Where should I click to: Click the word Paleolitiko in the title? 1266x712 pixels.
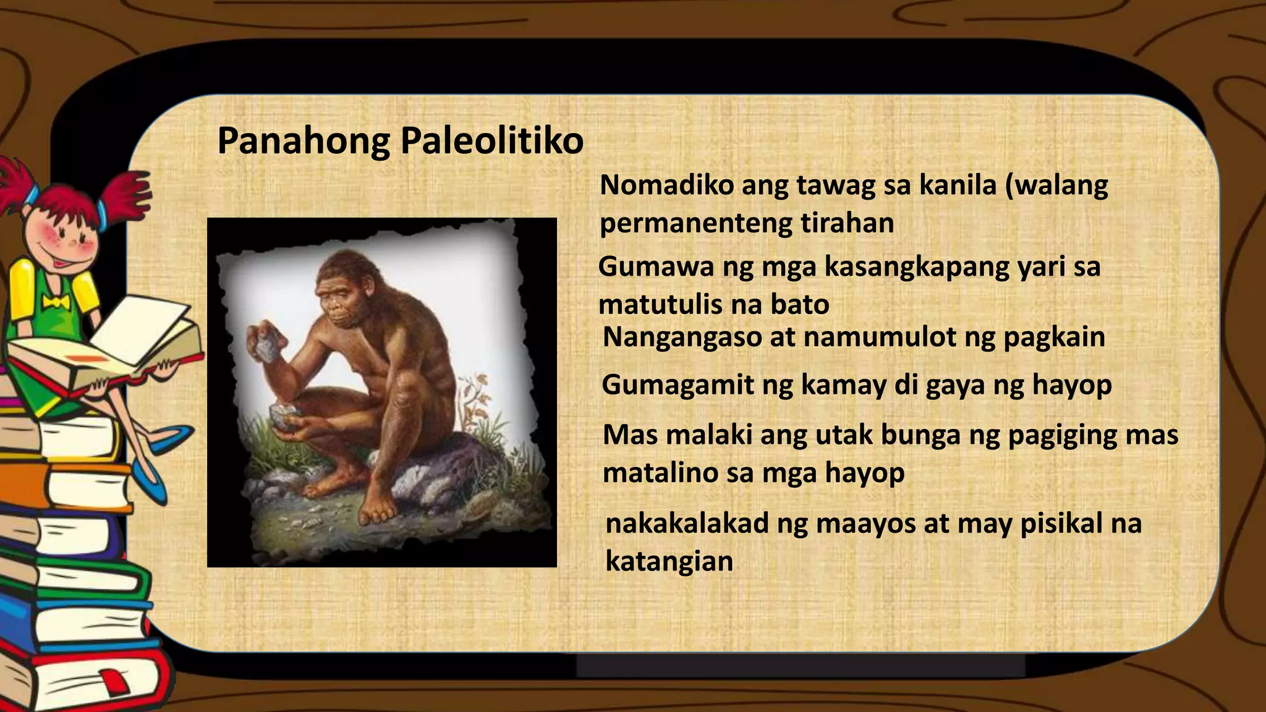[492, 141]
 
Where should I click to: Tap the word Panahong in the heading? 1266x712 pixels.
[304, 141]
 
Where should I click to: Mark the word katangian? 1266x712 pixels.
[669, 561]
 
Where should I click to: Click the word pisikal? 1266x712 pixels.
[1060, 523]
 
